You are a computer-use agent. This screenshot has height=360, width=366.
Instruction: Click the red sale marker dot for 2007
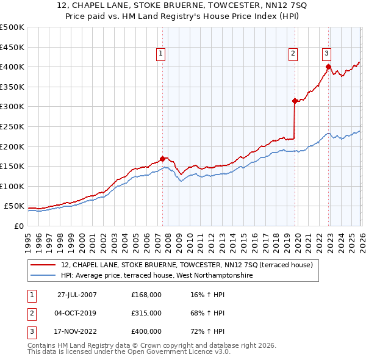(162, 159)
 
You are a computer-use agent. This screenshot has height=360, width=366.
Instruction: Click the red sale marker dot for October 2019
(294, 101)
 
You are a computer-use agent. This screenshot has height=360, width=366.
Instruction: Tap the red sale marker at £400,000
(328, 67)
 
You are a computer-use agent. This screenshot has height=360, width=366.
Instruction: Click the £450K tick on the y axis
(12, 47)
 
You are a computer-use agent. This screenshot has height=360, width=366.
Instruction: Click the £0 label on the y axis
(18, 226)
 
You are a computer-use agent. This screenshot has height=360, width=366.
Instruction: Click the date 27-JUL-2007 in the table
(77, 295)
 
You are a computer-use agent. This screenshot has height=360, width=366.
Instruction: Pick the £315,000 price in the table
(146, 313)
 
